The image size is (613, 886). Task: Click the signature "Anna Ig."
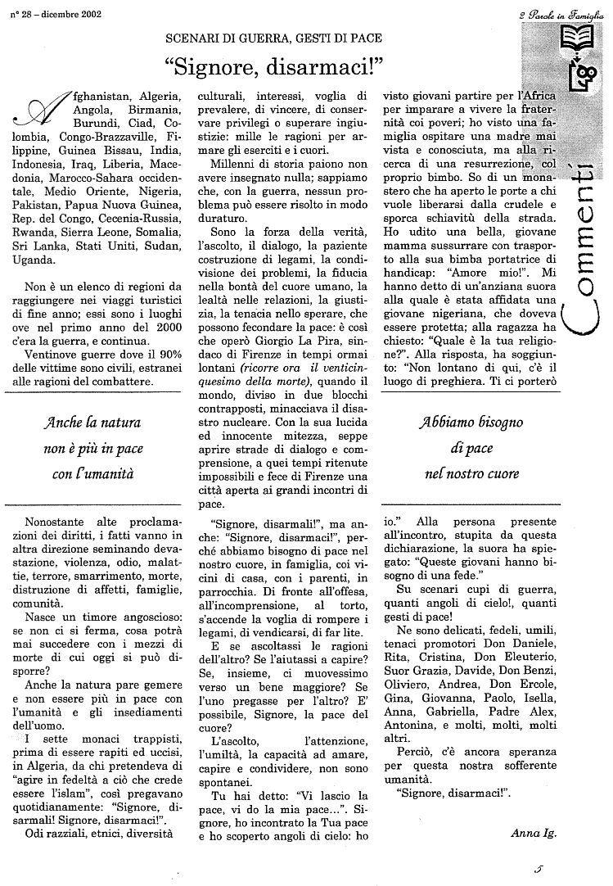(533, 833)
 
